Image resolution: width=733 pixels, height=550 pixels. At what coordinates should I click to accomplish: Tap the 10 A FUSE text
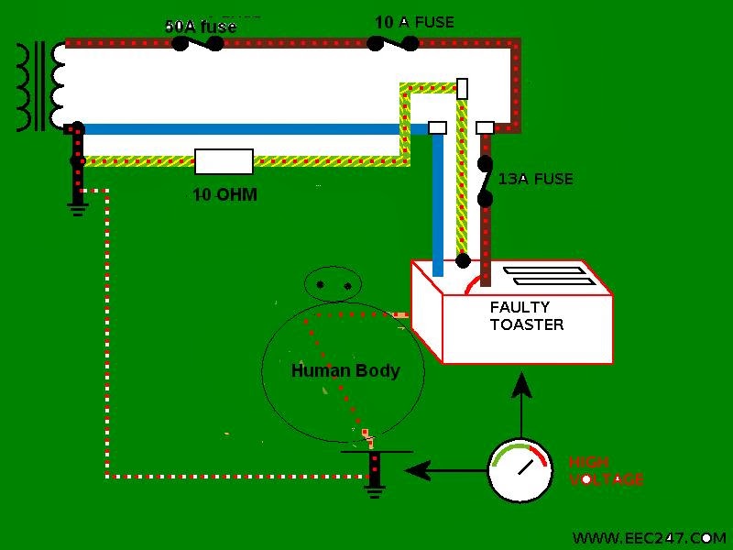point(414,21)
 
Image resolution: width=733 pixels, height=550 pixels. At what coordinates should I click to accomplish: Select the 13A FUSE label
point(535,179)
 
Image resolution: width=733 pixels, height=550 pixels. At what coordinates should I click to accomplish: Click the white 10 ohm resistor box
point(224,161)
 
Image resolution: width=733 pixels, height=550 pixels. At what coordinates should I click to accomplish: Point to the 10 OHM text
point(224,194)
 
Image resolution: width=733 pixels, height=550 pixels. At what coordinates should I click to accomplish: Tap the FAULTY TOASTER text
point(526,316)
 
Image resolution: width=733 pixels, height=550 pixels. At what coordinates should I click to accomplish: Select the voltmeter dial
point(520,470)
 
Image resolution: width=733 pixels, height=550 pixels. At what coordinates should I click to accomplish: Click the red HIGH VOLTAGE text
point(605,470)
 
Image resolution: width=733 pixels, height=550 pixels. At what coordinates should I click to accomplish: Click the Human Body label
point(345,371)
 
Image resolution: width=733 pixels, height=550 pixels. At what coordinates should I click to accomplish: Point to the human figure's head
point(334,285)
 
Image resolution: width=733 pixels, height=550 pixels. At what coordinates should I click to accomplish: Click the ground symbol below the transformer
point(77,203)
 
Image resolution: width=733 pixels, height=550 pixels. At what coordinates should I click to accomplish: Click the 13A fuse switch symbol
point(485,181)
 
